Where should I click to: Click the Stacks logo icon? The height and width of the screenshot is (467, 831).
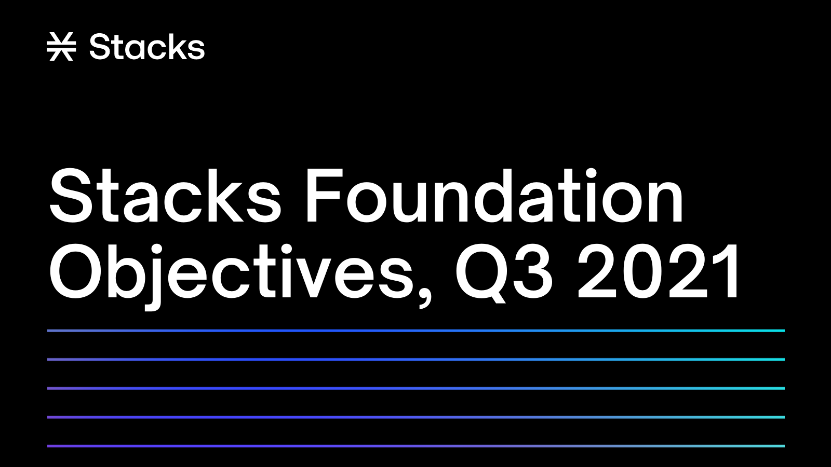pos(61,47)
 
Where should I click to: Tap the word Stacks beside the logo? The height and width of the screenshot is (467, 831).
pos(147,47)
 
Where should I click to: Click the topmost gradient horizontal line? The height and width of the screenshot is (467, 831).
pos(415,331)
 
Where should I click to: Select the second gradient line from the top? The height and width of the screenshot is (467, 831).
pos(415,359)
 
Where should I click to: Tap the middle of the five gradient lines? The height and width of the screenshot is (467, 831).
pos(415,388)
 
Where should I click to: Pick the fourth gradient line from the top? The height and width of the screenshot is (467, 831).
pos(415,417)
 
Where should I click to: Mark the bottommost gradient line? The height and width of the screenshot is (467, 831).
pos(415,446)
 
